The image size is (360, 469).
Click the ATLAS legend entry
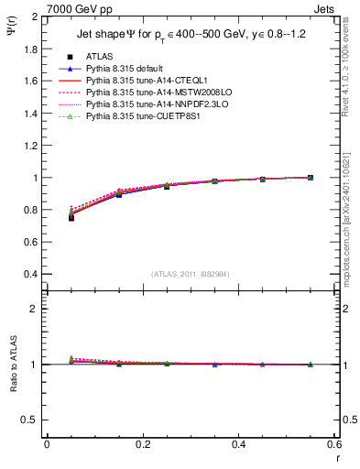pos(99,56)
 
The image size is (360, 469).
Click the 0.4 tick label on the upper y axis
pos(31,274)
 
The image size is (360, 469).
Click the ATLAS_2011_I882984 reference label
pos(191,273)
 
